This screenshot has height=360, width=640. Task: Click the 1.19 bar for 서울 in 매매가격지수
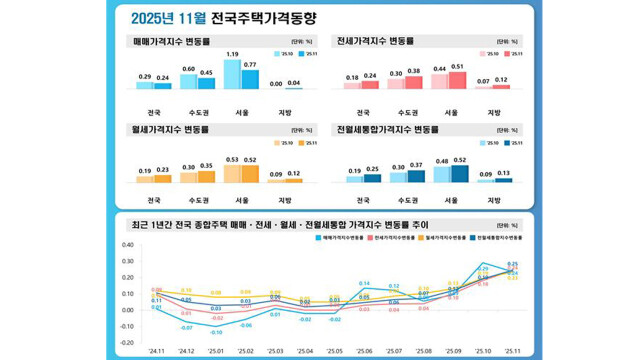click(232, 74)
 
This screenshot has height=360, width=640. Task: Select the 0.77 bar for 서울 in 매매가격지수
click(249, 79)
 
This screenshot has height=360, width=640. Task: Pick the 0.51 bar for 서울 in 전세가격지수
click(458, 80)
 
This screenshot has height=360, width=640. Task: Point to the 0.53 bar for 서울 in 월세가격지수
click(232, 173)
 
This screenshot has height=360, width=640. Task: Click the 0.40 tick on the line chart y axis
click(127, 244)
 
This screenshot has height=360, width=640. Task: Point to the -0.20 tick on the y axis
click(127, 342)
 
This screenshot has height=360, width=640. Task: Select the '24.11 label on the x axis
click(159, 351)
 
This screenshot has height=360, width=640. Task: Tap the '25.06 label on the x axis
click(365, 351)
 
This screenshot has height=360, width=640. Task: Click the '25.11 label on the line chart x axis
click(512, 351)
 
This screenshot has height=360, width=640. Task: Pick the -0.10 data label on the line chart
click(217, 331)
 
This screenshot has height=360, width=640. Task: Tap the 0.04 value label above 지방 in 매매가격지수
click(294, 83)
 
